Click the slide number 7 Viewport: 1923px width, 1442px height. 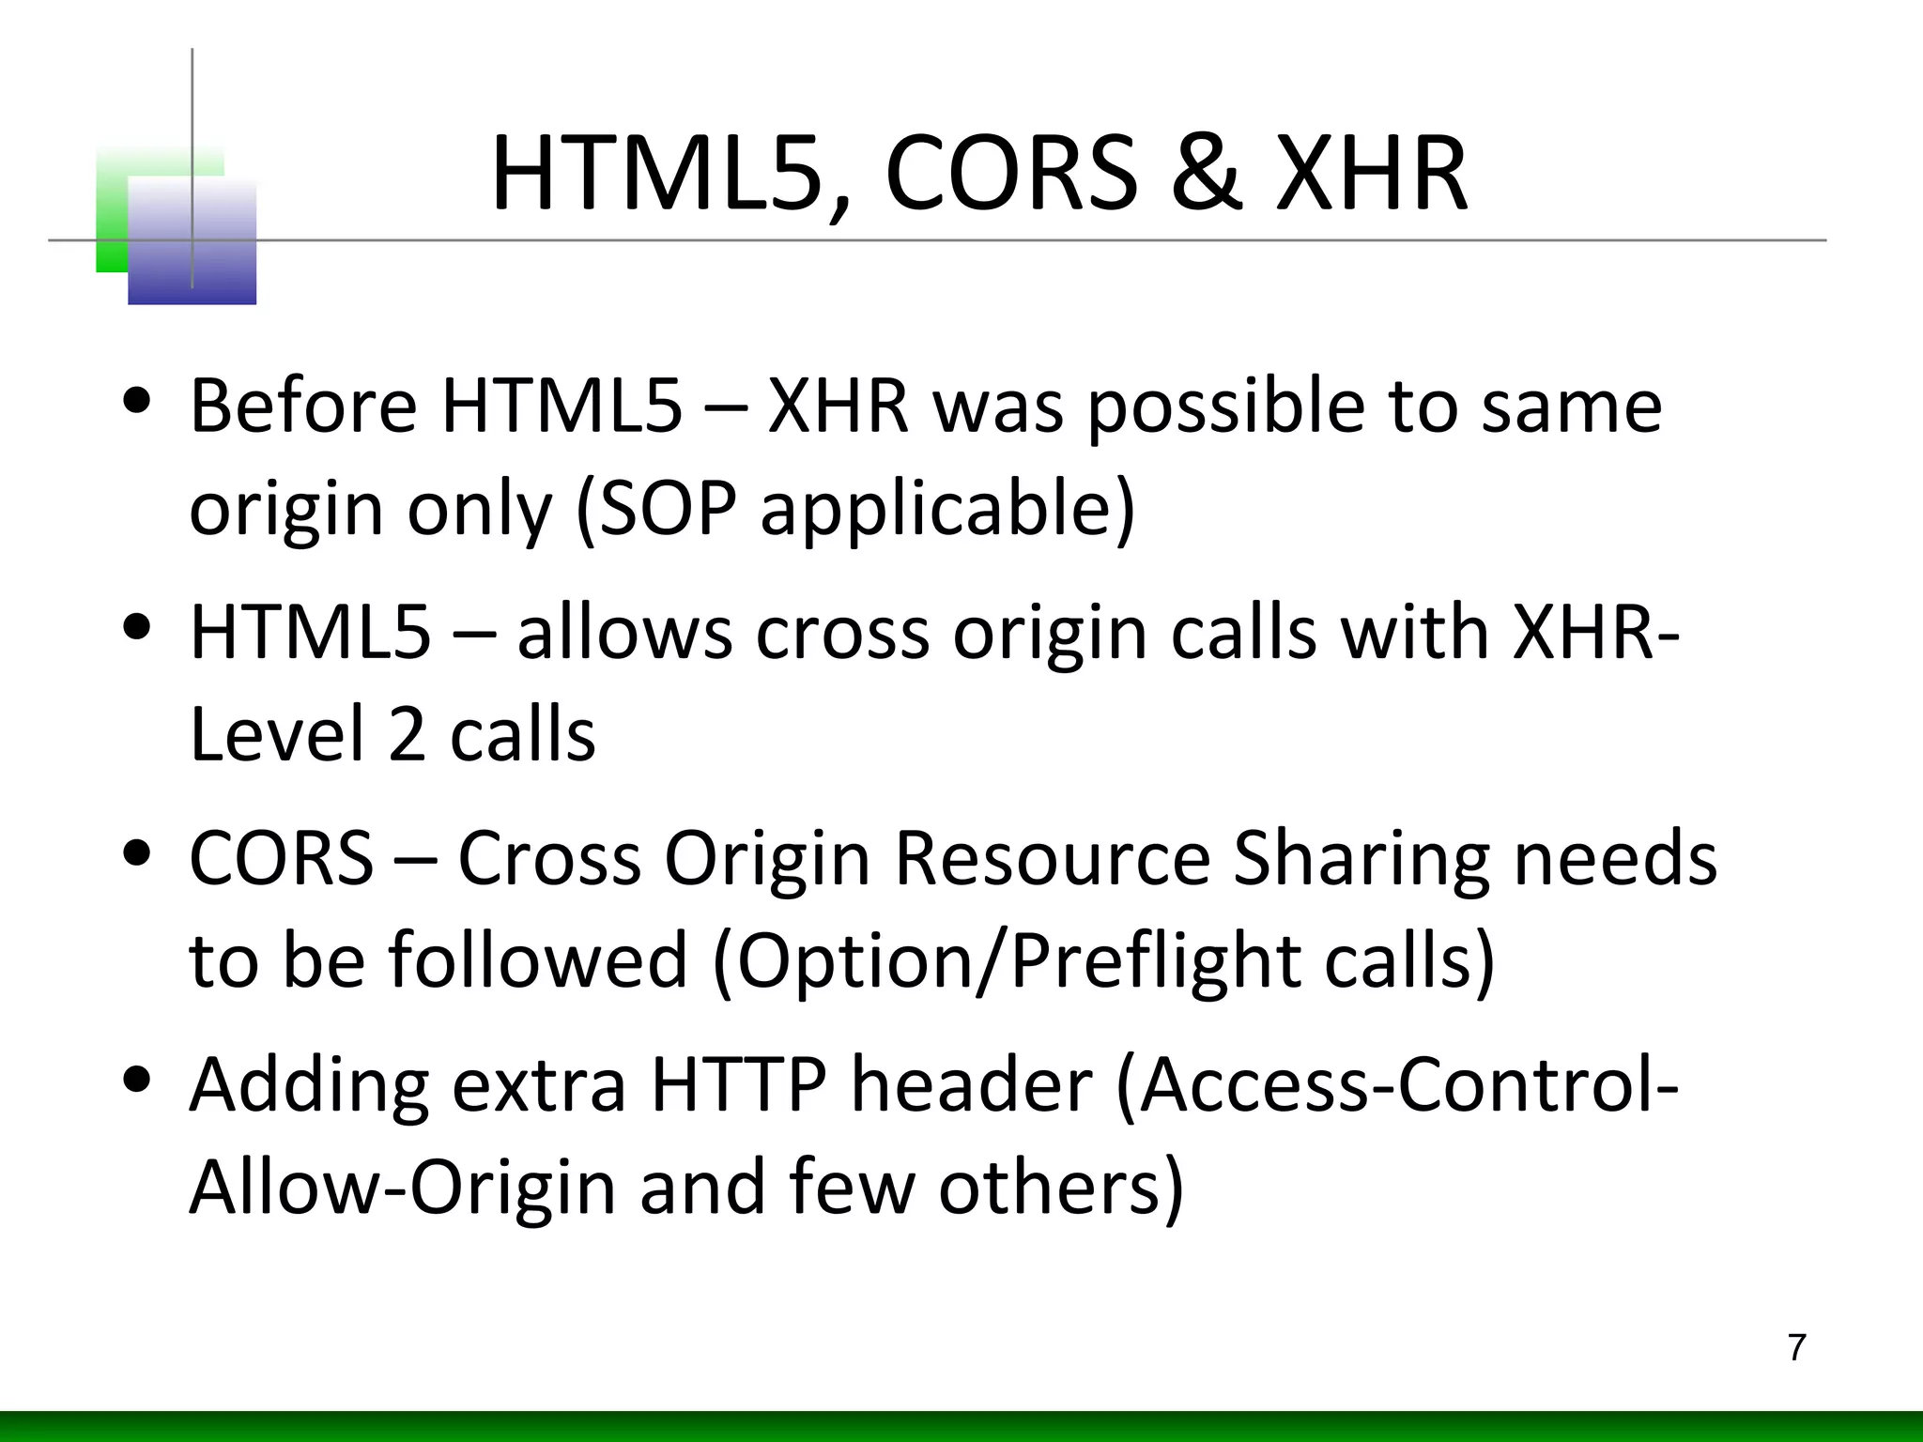1796,1348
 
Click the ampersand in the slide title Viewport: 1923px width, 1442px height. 1206,175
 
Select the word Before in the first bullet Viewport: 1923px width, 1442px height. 303,406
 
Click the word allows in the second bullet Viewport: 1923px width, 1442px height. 624,632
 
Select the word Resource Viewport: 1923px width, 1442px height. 1053,858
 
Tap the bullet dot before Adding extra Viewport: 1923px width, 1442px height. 138,1081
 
